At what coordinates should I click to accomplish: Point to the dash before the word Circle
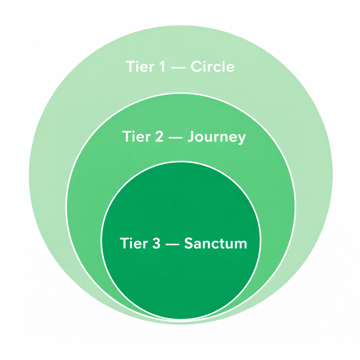(177, 67)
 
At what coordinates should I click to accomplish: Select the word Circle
(212, 66)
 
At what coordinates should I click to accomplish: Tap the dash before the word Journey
(175, 137)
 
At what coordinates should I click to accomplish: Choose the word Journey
(216, 137)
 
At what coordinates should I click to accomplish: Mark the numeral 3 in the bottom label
(156, 243)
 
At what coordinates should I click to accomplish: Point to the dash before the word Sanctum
(172, 244)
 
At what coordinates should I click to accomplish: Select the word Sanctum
(216, 243)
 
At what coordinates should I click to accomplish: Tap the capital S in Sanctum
(189, 243)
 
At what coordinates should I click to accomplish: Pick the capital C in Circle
(196, 66)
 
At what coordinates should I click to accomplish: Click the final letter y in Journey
(241, 138)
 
